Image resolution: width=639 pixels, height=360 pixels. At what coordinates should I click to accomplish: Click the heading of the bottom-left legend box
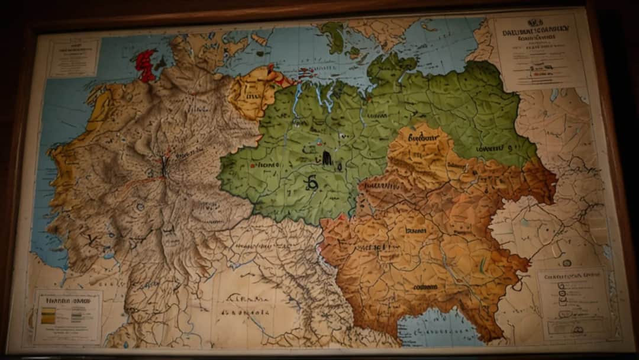pos(66,300)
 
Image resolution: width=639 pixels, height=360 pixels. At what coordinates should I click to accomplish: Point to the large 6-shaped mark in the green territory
pos(312,184)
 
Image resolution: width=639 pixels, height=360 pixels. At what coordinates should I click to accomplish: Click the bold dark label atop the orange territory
pos(424,137)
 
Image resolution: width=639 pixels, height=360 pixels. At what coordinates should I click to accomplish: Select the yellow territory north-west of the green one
pos(254,92)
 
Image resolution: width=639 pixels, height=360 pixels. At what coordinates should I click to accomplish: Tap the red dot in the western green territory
pos(253,166)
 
